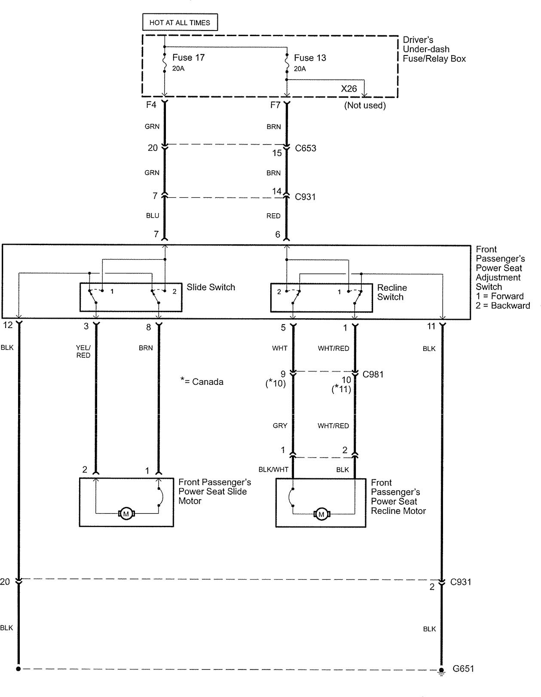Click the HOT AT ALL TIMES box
click(180, 22)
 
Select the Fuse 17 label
click(189, 58)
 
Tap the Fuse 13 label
click(310, 58)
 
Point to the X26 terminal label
click(348, 89)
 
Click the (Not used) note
click(365, 105)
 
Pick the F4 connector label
click(151, 104)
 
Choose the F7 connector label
click(275, 105)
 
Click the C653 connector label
click(306, 148)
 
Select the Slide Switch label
click(211, 287)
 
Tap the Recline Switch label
click(391, 292)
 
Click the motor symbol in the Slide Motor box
click(126, 514)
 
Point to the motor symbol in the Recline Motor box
click(321, 515)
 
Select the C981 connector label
click(373, 375)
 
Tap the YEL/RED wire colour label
click(83, 351)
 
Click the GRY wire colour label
click(280, 426)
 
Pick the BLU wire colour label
click(153, 215)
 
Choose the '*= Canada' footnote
click(202, 381)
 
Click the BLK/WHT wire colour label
click(273, 470)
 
